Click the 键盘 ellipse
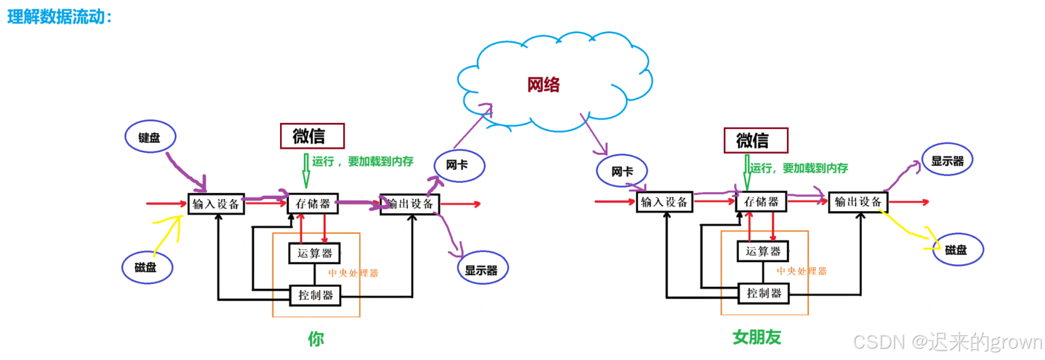point(150,137)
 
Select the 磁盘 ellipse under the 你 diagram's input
point(147,267)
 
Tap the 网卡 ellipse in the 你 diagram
point(459,165)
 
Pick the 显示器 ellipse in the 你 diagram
point(482,269)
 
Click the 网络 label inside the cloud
point(543,85)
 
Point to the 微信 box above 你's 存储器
point(312,136)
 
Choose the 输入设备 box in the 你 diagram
point(216,204)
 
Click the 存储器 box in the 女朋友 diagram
point(761,202)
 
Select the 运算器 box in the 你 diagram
point(315,253)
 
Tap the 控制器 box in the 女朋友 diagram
point(763,293)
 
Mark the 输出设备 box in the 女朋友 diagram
point(857,202)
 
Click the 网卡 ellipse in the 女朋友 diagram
point(622,171)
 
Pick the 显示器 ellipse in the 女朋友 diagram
point(947,160)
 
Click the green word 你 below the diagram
point(316,339)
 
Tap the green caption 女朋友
point(757,337)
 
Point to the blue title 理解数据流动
point(59,17)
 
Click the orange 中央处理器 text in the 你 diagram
point(353,273)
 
